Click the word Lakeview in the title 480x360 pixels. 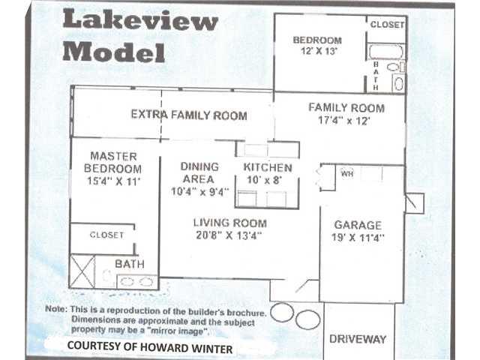[x=140, y=20]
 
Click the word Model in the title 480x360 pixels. [x=114, y=52]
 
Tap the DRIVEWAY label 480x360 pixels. [x=358, y=339]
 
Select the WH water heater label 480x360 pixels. [x=347, y=174]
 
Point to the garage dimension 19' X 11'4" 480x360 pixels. [x=358, y=238]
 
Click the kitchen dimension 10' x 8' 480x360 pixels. [x=264, y=180]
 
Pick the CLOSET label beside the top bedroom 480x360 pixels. [x=387, y=25]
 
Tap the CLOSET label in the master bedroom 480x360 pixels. [x=106, y=235]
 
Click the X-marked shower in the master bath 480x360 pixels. [x=82, y=271]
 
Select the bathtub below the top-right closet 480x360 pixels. [x=385, y=52]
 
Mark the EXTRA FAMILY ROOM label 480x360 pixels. [x=189, y=115]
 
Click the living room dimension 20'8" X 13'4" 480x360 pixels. [x=229, y=235]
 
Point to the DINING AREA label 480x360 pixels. [x=199, y=173]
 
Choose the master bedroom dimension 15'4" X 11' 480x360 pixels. [x=113, y=181]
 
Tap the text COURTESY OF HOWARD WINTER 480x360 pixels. [x=150, y=347]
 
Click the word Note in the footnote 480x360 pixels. [x=55, y=309]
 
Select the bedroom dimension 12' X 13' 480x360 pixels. [x=319, y=51]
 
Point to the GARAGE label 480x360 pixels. [x=358, y=225]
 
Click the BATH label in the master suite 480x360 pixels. [x=130, y=264]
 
